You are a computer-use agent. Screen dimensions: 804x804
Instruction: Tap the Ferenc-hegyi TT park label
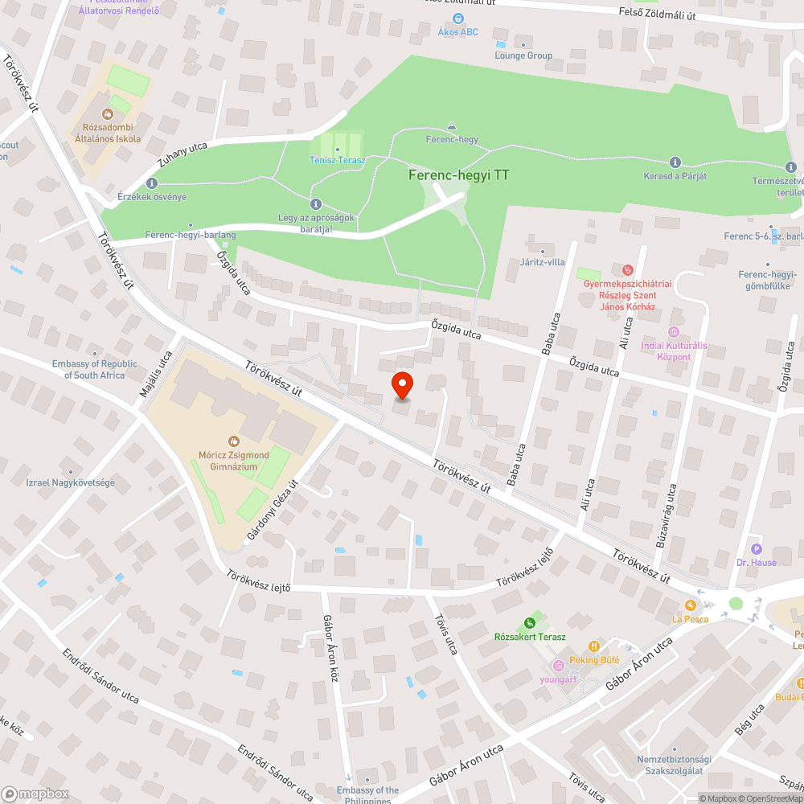pos(458,174)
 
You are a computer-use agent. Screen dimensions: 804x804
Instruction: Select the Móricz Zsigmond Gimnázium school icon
pos(234,441)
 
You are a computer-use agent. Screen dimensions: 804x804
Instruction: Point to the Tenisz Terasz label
pos(338,160)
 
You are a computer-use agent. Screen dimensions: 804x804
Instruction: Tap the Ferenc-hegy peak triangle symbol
pos(452,125)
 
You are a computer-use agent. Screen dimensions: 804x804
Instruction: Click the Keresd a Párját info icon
pos(675,162)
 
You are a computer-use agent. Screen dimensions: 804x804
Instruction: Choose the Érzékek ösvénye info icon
pos(152,183)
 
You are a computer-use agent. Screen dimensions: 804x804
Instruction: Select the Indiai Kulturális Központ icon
pos(674,332)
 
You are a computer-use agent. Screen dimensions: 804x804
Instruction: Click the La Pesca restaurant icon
pos(690,605)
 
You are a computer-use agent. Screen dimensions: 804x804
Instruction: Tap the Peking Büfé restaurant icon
pos(594,646)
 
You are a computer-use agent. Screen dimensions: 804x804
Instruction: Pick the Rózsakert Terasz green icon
pos(529,622)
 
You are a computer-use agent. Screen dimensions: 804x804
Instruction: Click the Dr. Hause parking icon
pos(756,548)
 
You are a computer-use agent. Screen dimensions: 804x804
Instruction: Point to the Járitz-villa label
pos(543,261)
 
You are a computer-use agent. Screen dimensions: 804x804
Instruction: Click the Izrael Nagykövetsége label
pos(71,482)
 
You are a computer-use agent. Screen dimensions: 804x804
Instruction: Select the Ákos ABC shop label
pos(457,31)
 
